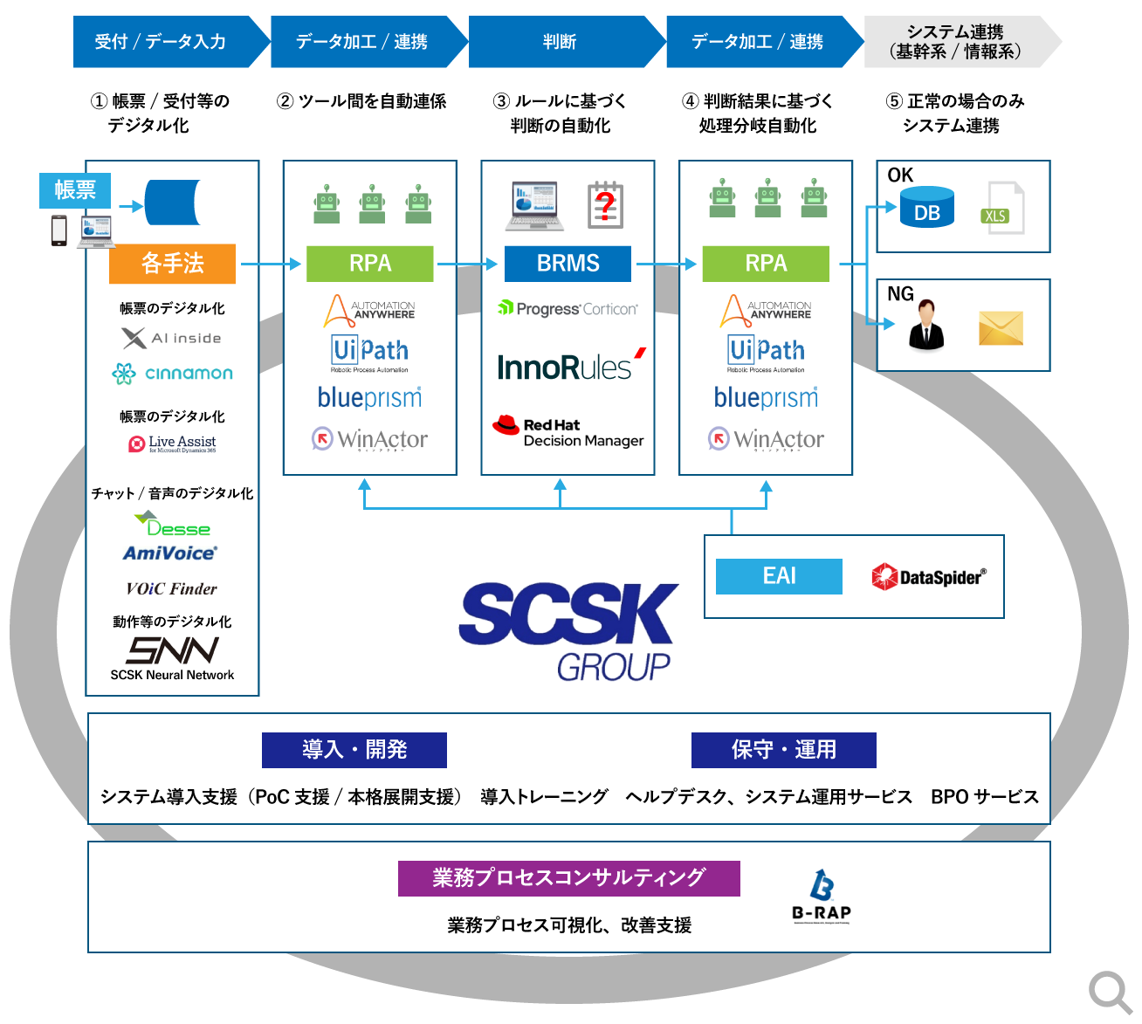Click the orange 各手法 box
tap(172, 264)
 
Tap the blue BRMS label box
tap(568, 264)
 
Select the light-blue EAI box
tap(779, 576)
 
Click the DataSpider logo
tap(929, 577)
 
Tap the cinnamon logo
tap(172, 374)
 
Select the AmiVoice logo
tap(170, 553)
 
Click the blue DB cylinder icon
tap(926, 208)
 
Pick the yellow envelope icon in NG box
tap(1001, 328)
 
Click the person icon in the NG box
tap(926, 325)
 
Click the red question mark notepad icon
tap(605, 205)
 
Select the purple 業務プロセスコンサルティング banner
tap(568, 878)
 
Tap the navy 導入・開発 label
tap(354, 750)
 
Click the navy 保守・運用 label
tap(783, 750)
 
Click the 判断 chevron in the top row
tap(560, 42)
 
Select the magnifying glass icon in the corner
tap(1110, 993)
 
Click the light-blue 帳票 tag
tap(75, 190)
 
